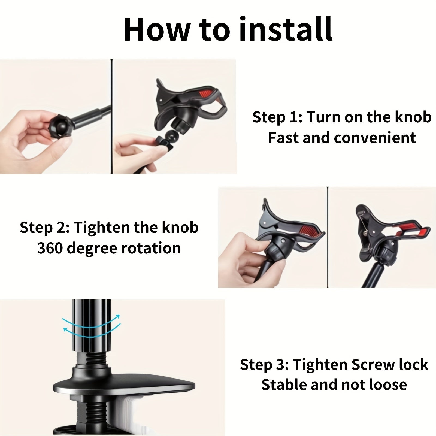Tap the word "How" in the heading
[x=157, y=29]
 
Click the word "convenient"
[x=375, y=138]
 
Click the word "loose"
[x=388, y=385]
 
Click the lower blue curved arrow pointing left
[x=91, y=331]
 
